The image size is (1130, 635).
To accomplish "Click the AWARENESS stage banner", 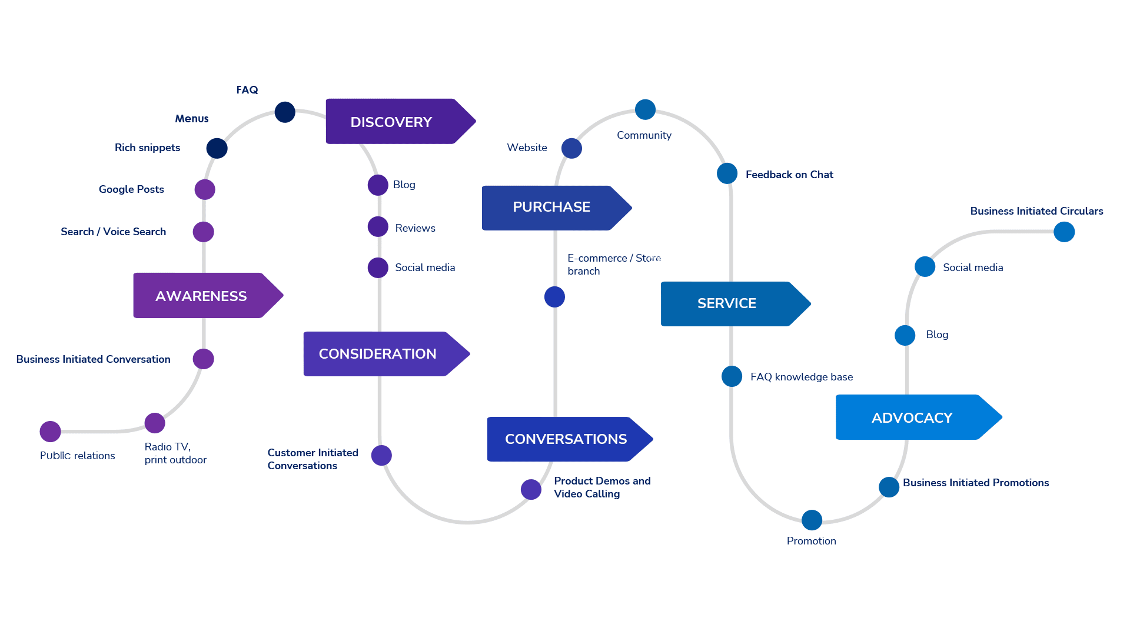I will tap(201, 296).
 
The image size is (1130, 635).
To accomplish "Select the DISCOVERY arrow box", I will tap(391, 122).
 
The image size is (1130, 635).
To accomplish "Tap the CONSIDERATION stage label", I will tap(378, 354).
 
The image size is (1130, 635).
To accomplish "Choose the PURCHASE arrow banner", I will tap(551, 207).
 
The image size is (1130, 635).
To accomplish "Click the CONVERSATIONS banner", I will tap(566, 439).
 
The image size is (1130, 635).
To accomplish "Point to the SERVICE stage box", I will tap(727, 303).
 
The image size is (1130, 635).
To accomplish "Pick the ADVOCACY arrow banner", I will tap(912, 417).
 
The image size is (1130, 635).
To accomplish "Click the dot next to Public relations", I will tap(51, 432).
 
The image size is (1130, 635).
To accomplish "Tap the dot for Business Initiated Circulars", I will tap(1064, 232).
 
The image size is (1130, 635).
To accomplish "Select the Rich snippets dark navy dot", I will tap(217, 148).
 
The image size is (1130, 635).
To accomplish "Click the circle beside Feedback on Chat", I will tap(727, 173).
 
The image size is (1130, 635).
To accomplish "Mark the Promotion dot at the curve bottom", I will tap(812, 520).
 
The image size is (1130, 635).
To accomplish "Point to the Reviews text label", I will tap(415, 228).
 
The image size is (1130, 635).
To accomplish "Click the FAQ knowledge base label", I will tap(802, 377).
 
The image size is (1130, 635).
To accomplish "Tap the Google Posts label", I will tap(131, 189).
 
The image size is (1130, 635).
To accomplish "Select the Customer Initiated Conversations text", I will tap(313, 459).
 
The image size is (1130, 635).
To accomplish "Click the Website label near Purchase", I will tap(527, 148).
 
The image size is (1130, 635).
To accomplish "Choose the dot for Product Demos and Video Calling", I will tap(531, 489).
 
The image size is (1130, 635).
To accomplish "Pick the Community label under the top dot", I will tap(644, 135).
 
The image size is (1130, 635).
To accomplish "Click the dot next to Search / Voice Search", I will tap(204, 232).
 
